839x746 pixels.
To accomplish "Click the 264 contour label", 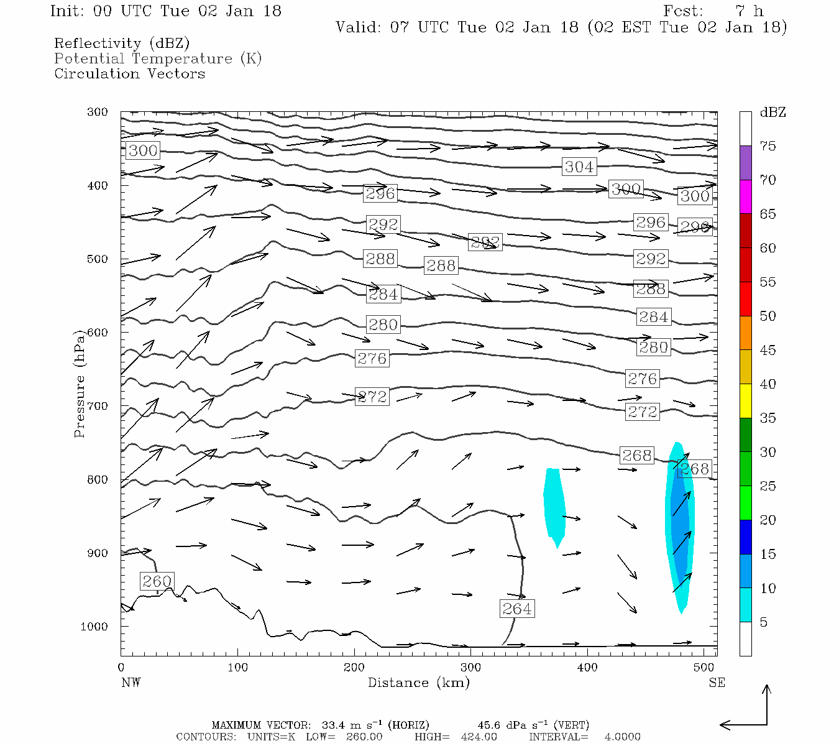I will click(516, 609).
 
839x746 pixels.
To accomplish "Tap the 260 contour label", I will click(157, 581).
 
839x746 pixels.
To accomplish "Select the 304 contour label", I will click(579, 167).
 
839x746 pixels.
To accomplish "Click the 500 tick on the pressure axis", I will click(98, 259).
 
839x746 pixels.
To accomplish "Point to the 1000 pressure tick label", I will click(94, 627).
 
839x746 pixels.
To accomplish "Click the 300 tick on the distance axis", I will click(470, 668).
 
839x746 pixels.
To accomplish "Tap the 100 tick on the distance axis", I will click(237, 668).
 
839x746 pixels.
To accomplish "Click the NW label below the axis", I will click(131, 683).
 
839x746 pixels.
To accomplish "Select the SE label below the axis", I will click(717, 683).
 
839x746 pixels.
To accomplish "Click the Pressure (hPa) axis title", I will click(80, 384).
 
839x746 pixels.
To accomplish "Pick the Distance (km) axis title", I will click(418, 683).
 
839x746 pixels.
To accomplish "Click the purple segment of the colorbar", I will click(745, 163).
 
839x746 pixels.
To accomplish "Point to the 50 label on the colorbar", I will click(768, 316).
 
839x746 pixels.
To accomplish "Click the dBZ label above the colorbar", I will click(773, 113).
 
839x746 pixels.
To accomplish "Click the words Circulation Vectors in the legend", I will click(129, 74).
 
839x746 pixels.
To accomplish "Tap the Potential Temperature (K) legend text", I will click(158, 59).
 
